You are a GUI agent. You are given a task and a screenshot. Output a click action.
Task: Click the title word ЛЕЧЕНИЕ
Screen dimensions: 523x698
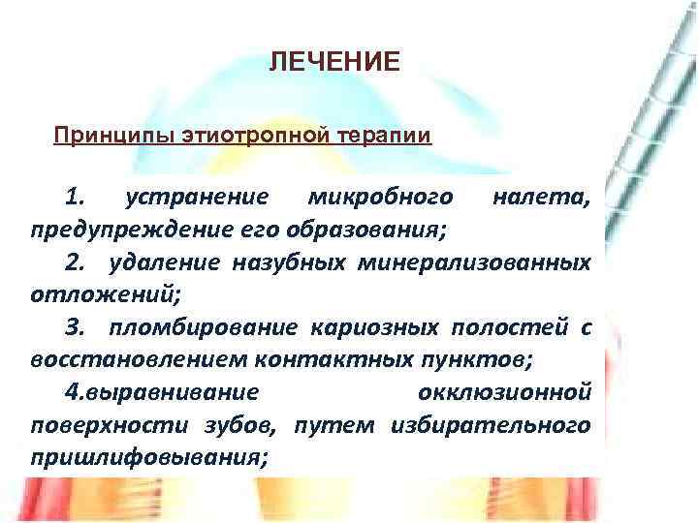[x=333, y=63]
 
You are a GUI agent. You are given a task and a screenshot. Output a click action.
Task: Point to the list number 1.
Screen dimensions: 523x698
[x=75, y=199]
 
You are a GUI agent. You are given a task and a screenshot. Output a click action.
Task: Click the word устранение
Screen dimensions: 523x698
[x=197, y=199]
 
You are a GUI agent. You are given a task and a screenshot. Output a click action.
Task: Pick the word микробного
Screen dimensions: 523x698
[x=379, y=199]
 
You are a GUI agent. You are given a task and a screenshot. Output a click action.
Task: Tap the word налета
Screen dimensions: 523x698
[x=540, y=199]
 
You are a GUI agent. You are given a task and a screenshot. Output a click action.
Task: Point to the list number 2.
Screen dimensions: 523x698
[x=76, y=263]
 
